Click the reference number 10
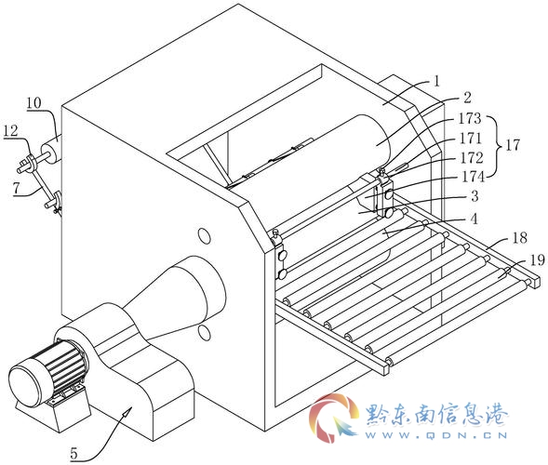pos(33,103)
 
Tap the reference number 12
pos(10,131)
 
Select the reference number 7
pos(16,188)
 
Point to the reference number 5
pos(74,454)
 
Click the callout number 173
pos(470,118)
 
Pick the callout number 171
pos(471,139)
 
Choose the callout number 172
pos(472,157)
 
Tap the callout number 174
pos(474,177)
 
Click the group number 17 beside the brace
pos(513,145)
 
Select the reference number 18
pos(520,238)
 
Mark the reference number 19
pos(537,260)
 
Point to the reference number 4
pos(474,219)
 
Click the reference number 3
pos(474,196)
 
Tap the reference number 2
pos(467,98)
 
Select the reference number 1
pos(436,82)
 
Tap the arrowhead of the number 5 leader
pos(127,412)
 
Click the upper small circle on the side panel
pos(205,236)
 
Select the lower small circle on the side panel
pos(204,333)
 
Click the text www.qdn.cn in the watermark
pos(436,435)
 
